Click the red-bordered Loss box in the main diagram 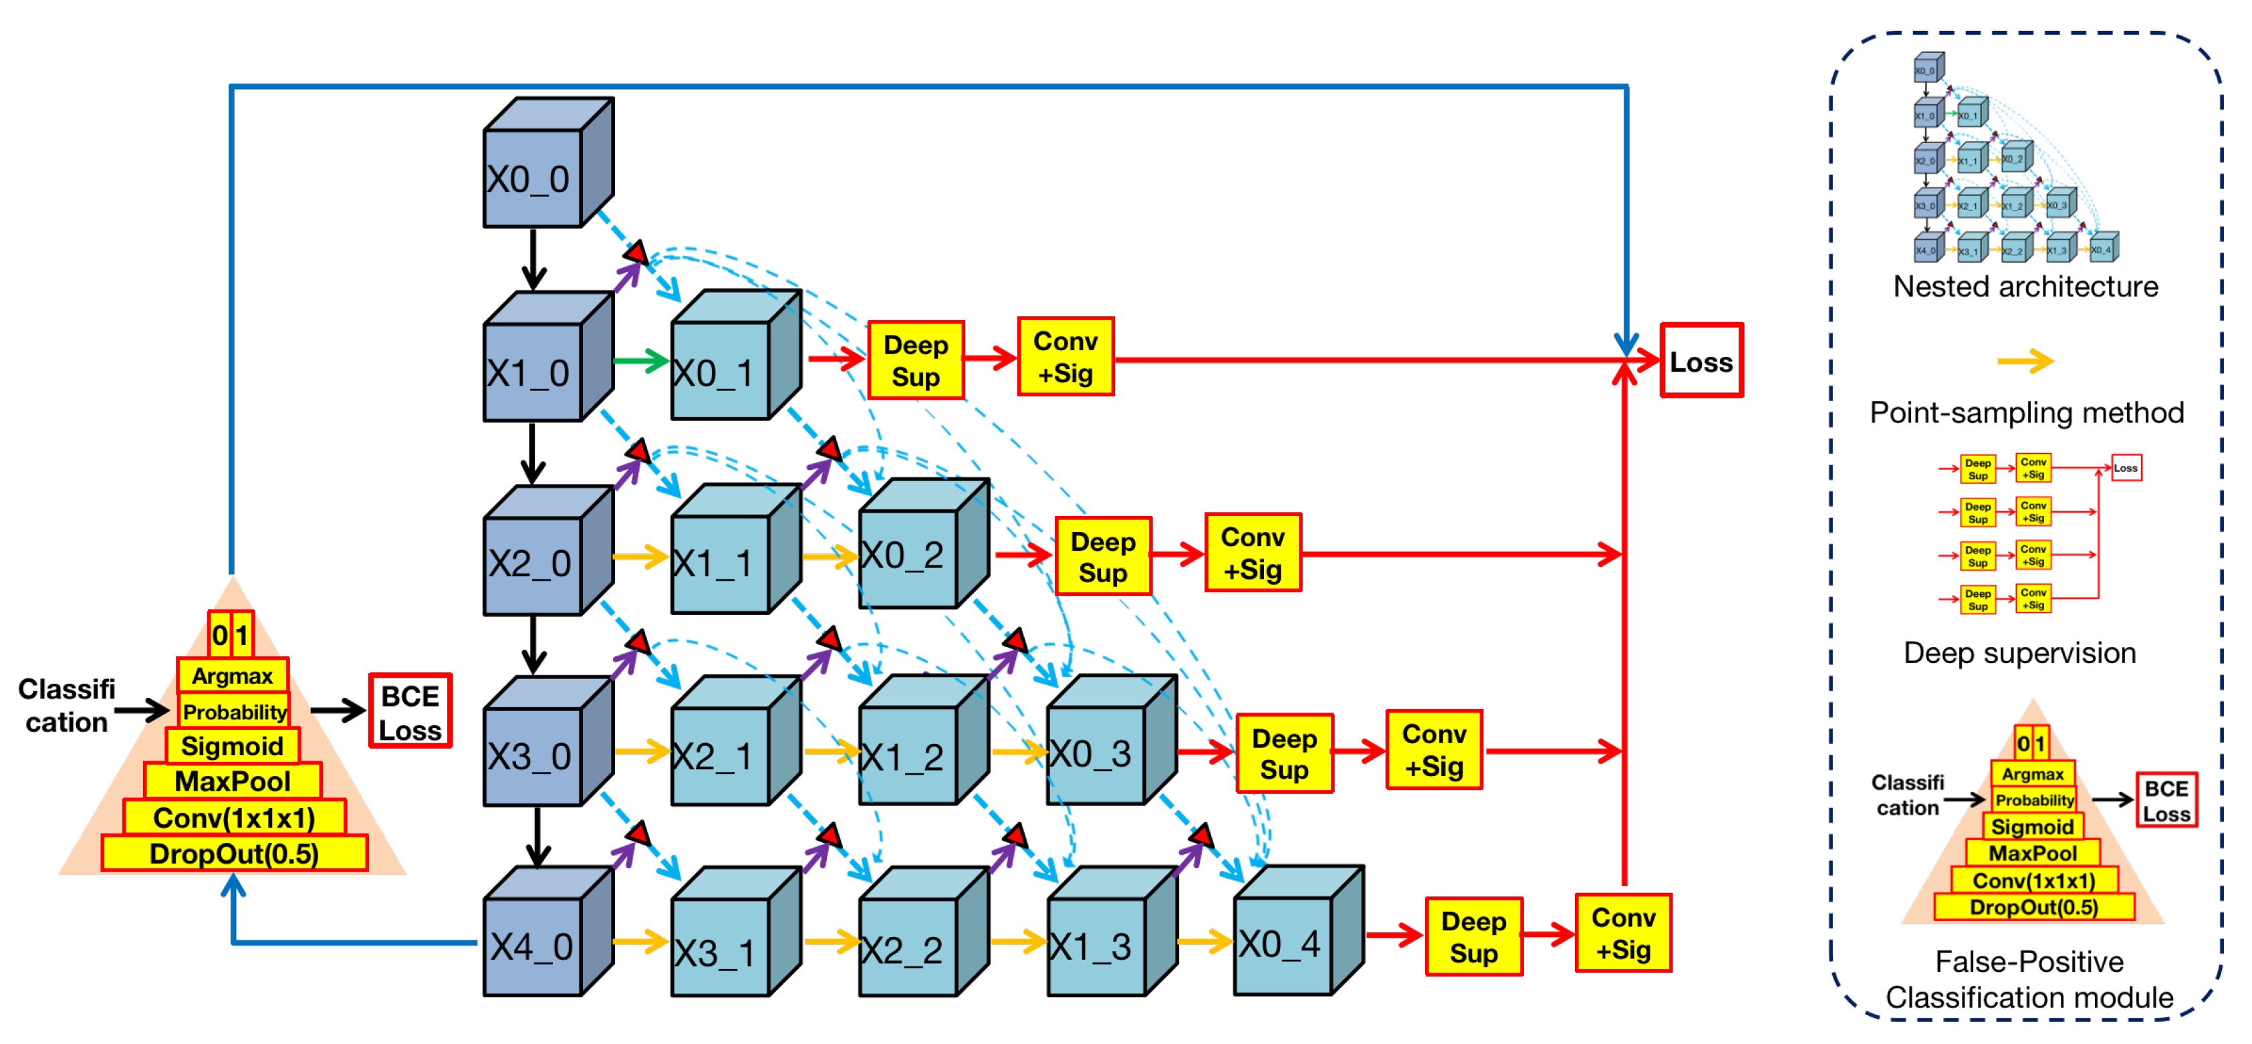1701,361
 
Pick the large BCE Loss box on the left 410,711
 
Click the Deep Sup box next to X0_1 915,360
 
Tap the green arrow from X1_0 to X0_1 641,360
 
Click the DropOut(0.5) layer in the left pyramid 235,854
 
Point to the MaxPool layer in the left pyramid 233,780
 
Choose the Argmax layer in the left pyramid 233,675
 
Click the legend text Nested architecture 2025,287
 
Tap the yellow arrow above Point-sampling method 2025,360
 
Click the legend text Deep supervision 2019,653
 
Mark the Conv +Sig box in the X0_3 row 1434,750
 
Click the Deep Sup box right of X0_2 1102,557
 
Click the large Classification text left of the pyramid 66,706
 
